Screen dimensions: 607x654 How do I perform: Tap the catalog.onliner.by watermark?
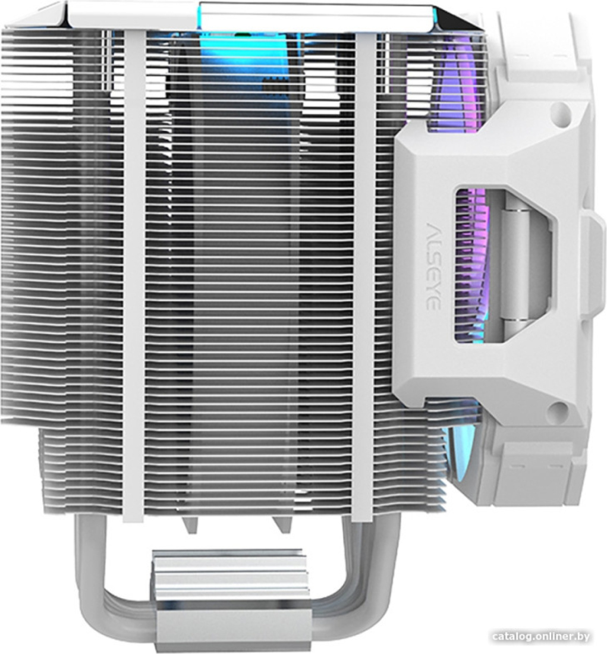click(540, 636)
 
